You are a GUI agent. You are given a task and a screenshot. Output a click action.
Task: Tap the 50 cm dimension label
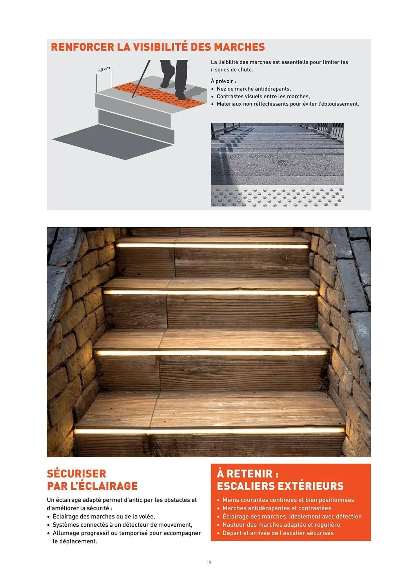[104, 70]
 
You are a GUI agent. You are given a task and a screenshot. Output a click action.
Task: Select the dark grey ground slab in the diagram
[113, 142]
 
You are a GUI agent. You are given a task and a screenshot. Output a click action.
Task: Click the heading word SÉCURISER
[77, 474]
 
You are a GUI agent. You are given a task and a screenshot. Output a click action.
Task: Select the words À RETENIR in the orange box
[247, 474]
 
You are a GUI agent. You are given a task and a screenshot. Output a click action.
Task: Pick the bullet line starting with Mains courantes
[288, 500]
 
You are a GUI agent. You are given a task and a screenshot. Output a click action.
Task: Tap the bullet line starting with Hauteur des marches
[281, 525]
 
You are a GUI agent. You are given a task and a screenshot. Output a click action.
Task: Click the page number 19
[209, 562]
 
